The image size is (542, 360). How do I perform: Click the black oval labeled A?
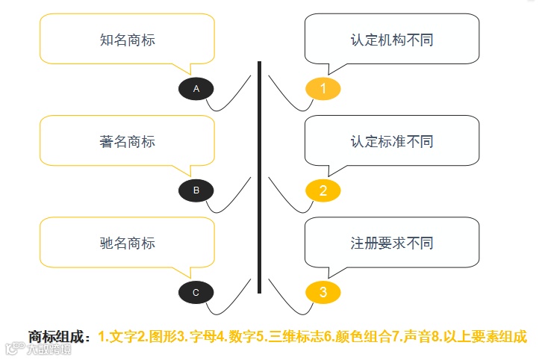coord(196,89)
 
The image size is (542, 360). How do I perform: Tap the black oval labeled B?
coord(196,190)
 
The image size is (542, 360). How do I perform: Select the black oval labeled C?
coord(196,292)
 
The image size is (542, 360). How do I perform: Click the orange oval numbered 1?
coord(323,89)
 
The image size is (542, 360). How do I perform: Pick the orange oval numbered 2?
coord(323,190)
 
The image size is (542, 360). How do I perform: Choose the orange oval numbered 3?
coord(323,292)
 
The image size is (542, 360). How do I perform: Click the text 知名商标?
coord(127,40)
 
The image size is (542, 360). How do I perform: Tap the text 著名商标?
coord(127,141)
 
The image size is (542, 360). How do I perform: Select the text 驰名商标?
coord(127,243)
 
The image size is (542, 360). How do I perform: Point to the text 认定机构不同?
coord(392,40)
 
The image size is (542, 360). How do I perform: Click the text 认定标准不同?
coord(392,141)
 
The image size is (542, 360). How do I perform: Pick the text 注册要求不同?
coord(392,243)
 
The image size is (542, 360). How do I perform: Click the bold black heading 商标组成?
coord(60,336)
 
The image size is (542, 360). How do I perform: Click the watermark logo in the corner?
coord(37,349)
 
